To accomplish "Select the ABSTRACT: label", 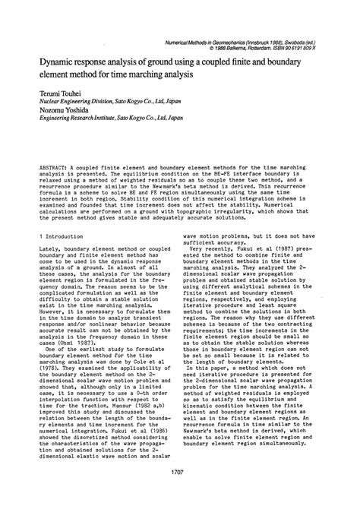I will point(54,166).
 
